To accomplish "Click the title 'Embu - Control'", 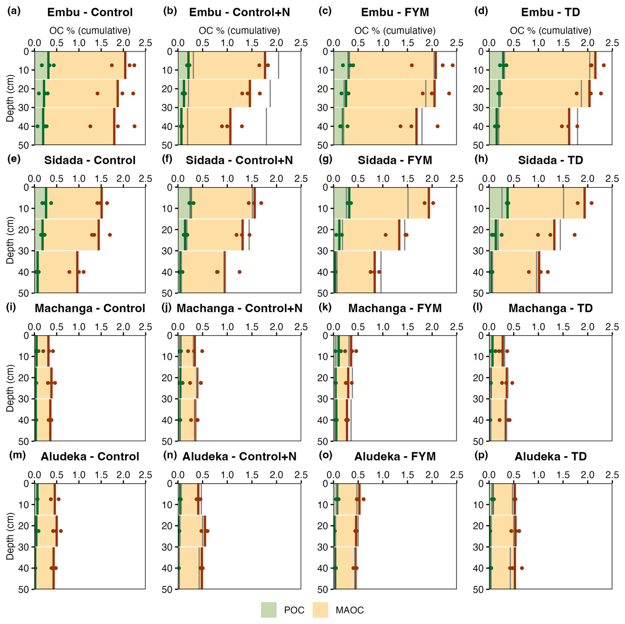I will (90, 12).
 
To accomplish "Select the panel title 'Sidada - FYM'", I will (395, 160).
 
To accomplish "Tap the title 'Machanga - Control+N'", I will (239, 308).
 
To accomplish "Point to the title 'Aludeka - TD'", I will (550, 456).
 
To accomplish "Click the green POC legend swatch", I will (268, 610).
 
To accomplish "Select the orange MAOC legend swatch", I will (320, 610).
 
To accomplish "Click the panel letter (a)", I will (14, 11).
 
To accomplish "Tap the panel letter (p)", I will (481, 455).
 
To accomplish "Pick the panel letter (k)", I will (325, 307).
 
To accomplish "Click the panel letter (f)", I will (167, 159).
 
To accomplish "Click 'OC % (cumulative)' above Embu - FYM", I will (395, 31).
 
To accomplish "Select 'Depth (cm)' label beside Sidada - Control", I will (10, 240).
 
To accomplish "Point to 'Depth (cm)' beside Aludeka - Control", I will (10, 536).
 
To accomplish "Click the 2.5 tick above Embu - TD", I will (612, 43).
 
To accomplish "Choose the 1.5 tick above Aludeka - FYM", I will (408, 475).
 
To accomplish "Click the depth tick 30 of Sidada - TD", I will (478, 251).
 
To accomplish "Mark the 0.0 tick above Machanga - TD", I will (489, 327).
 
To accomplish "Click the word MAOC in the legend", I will (349, 610).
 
